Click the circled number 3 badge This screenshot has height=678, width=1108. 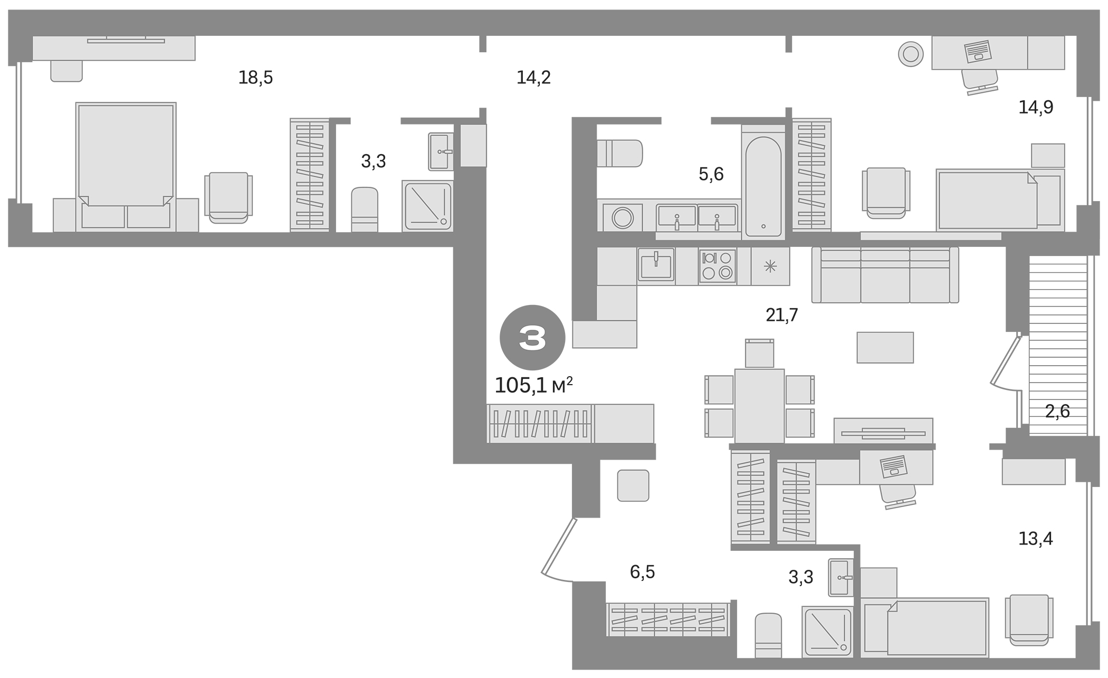pyautogui.click(x=532, y=338)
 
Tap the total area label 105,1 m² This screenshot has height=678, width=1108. pyautogui.click(x=533, y=386)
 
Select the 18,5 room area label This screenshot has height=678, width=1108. pyautogui.click(x=255, y=78)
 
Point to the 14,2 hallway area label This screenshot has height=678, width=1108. pyautogui.click(x=533, y=78)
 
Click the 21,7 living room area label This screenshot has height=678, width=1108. pyautogui.click(x=781, y=316)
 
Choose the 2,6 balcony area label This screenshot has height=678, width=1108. pyautogui.click(x=1057, y=411)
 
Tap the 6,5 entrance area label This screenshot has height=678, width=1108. pyautogui.click(x=642, y=572)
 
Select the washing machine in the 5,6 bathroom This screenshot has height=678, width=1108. pyautogui.click(x=623, y=217)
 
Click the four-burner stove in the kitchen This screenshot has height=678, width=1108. pyautogui.click(x=718, y=266)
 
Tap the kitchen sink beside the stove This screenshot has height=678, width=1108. pyautogui.click(x=656, y=266)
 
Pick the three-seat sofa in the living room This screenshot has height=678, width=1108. pyautogui.click(x=885, y=275)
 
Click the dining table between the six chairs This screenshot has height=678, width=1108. pyautogui.click(x=759, y=405)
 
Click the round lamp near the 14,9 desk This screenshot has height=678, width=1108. pyautogui.click(x=911, y=54)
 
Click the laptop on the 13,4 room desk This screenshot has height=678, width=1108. pyautogui.click(x=892, y=466)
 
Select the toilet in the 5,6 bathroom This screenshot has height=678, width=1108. pyautogui.click(x=620, y=153)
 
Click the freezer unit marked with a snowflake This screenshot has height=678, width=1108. pyautogui.click(x=770, y=266)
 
